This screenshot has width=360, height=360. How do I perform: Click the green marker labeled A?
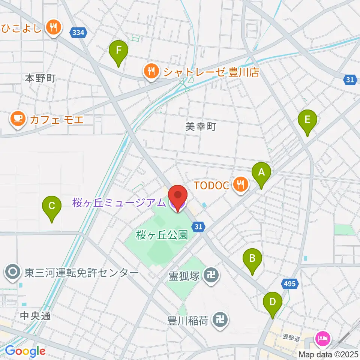click(261, 173)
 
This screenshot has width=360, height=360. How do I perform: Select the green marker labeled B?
click(252, 259)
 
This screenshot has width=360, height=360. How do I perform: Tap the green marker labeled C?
click(52, 206)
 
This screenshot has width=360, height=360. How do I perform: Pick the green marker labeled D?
click(272, 302)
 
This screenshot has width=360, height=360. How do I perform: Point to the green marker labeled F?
click(118, 51)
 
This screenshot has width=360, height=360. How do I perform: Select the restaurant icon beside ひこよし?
click(53, 27)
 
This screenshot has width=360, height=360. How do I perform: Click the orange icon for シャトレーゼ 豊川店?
click(151, 71)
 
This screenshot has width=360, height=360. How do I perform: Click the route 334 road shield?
click(78, 33)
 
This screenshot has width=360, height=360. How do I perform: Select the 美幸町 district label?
click(201, 127)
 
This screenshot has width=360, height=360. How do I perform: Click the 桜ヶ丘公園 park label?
click(162, 235)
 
